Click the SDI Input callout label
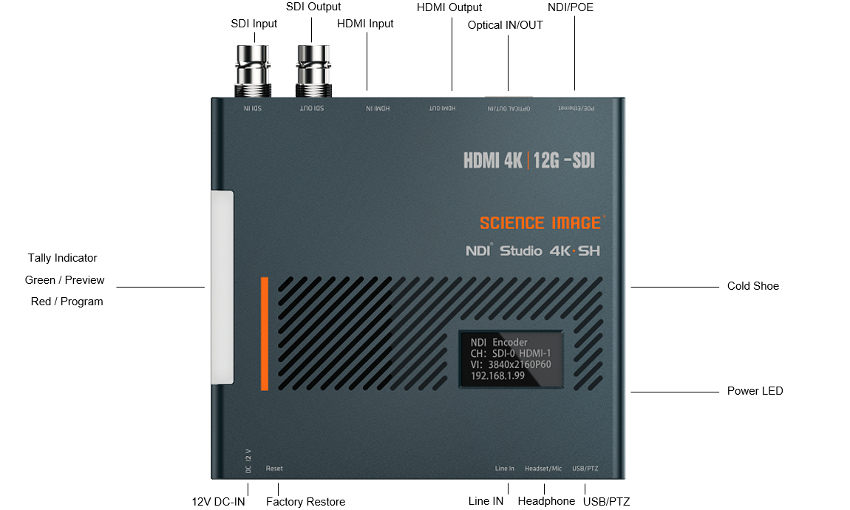pos(254,24)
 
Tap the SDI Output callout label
pos(313,7)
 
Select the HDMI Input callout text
pos(365,24)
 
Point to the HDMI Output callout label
pos(449,7)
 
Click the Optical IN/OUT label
pos(506,25)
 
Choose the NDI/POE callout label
pos(571,7)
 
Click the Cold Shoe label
pos(752,286)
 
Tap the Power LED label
pos(755,391)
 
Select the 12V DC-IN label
pos(218,502)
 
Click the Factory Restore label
pos(305,502)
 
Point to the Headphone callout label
pos(546,501)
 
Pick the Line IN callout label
pos(486,501)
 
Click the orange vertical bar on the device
pos(264,333)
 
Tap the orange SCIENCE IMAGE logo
pos(541,222)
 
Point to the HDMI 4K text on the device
pos(493,160)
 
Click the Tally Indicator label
pos(63,258)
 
